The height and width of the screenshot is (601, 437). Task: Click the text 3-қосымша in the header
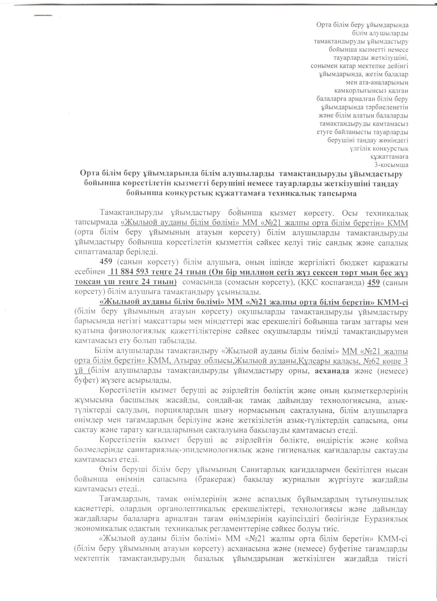click(393, 165)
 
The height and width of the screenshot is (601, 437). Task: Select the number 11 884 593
click(129, 272)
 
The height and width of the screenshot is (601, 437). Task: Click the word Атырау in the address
click(187, 361)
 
